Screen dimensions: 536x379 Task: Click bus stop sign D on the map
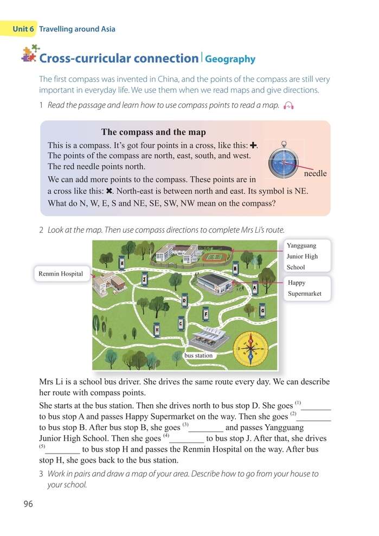click(185, 300)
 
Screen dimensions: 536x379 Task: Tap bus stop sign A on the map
click(255, 288)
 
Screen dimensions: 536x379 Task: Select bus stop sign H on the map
click(157, 329)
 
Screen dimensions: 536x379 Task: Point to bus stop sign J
click(144, 279)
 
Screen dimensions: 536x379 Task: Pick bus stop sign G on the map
click(262, 309)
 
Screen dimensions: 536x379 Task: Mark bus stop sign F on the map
click(206, 314)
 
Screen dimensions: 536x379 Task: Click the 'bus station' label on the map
click(198, 356)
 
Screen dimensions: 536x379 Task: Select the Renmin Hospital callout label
click(61, 274)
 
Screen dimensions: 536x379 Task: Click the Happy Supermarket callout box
click(306, 288)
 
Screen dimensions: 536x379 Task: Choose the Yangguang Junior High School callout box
click(306, 256)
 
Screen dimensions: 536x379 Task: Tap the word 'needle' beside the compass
click(315, 174)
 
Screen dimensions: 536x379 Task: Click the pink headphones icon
click(288, 106)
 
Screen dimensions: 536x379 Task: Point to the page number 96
click(28, 504)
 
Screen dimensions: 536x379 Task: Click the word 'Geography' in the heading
click(230, 60)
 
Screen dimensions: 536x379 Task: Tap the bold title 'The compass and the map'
click(153, 132)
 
